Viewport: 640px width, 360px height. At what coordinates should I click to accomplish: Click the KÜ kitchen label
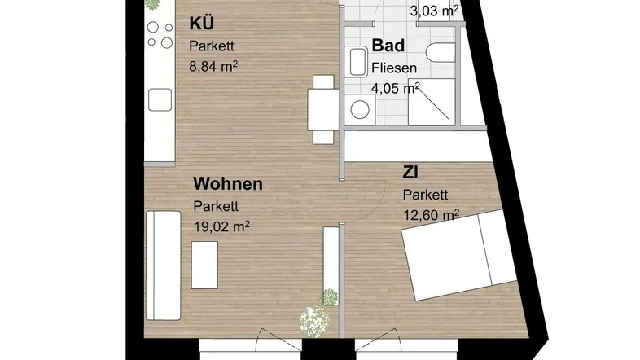(x=202, y=23)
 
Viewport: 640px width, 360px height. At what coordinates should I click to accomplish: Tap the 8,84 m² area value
(x=213, y=66)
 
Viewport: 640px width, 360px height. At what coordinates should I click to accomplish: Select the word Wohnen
(x=228, y=184)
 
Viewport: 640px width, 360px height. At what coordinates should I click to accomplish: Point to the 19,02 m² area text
(x=221, y=226)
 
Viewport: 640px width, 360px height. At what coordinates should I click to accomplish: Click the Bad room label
(x=388, y=46)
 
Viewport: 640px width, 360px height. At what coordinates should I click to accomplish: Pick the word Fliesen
(x=394, y=68)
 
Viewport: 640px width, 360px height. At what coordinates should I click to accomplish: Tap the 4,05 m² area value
(x=395, y=88)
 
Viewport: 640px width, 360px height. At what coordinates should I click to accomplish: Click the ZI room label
(x=410, y=173)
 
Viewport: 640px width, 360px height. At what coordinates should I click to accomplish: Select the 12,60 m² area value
(x=431, y=215)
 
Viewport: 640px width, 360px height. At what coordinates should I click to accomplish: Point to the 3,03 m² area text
(x=434, y=11)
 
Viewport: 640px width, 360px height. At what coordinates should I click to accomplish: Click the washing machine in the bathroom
(x=360, y=110)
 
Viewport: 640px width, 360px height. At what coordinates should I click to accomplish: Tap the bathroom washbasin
(x=356, y=62)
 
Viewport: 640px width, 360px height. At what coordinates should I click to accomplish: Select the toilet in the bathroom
(x=441, y=52)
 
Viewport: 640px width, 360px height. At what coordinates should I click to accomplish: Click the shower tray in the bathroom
(x=432, y=102)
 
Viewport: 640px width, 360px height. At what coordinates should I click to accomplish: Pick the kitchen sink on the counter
(x=160, y=100)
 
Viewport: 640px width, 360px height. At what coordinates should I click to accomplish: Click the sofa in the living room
(x=164, y=266)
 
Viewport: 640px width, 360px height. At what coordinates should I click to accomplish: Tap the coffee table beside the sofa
(x=204, y=266)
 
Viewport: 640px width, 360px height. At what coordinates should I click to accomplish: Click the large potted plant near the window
(x=313, y=320)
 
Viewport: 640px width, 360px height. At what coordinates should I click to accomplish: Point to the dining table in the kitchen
(x=323, y=110)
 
